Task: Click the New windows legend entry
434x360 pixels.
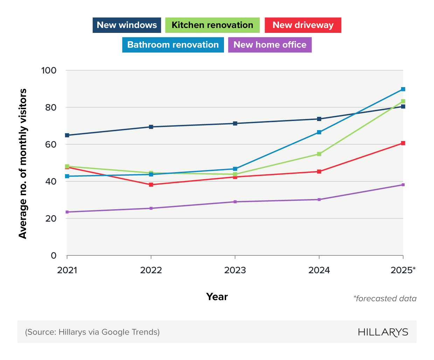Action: click(127, 25)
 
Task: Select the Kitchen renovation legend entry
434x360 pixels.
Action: click(212, 25)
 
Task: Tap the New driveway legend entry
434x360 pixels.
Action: click(303, 25)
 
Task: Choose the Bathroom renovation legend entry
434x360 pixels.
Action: click(173, 45)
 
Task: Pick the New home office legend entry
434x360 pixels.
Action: click(270, 45)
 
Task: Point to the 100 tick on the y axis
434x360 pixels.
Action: click(49, 70)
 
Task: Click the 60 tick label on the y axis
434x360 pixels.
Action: click(51, 144)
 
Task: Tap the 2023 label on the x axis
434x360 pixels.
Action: click(235, 270)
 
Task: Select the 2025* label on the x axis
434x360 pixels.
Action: click(403, 270)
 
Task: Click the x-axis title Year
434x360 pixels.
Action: click(217, 297)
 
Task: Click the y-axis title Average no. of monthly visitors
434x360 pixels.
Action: click(23, 163)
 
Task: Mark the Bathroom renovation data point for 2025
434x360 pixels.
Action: click(403, 89)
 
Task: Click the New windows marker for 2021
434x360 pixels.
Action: click(67, 135)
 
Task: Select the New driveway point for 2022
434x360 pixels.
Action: click(151, 184)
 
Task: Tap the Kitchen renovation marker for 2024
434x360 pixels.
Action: click(319, 154)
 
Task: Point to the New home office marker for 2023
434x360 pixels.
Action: click(235, 202)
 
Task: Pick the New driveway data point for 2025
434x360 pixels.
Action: click(403, 143)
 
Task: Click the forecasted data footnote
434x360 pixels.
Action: click(385, 298)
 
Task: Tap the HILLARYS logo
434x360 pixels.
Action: click(383, 332)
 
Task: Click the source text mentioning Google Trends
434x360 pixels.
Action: click(92, 332)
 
